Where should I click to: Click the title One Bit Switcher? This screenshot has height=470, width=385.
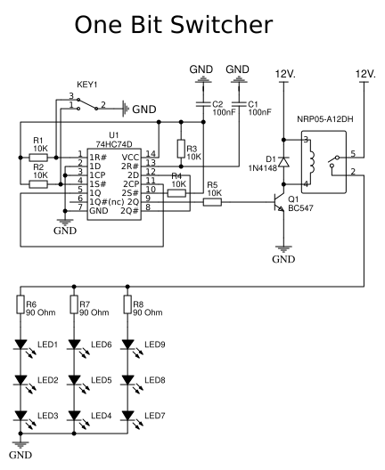(192, 25)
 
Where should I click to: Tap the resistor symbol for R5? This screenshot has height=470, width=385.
(211, 202)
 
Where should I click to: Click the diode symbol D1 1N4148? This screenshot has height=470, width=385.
(283, 162)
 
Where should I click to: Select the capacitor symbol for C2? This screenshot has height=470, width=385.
(204, 104)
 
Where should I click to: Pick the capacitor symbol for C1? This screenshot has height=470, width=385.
(238, 104)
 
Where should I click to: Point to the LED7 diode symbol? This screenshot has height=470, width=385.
(127, 417)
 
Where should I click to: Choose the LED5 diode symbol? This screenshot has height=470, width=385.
(73, 381)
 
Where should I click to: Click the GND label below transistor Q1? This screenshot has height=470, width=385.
(283, 260)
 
